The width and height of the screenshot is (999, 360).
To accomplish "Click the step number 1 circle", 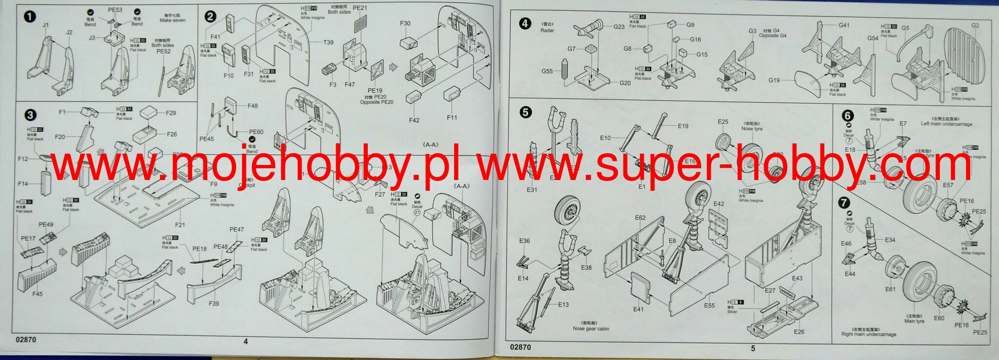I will (x=30, y=17).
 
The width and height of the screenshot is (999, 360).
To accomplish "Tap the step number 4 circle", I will (x=525, y=23).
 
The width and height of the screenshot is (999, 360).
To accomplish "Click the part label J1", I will (x=46, y=25).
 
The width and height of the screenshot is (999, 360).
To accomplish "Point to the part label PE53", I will (x=115, y=10).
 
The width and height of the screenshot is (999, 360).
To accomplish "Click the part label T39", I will (x=328, y=42).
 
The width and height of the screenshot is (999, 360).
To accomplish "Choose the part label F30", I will (x=405, y=23).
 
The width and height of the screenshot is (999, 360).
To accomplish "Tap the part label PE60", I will (x=256, y=132).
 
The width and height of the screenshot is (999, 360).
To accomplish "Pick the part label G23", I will (x=619, y=27).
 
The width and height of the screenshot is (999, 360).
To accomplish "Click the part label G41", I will (x=844, y=25).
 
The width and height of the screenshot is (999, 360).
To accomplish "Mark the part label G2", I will (x=975, y=25).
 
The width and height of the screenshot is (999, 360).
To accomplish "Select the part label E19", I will (x=683, y=126).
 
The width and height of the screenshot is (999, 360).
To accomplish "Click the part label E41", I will (x=639, y=309).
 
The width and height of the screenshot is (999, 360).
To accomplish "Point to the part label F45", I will (x=37, y=294).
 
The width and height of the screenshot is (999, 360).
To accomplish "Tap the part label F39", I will (x=214, y=303).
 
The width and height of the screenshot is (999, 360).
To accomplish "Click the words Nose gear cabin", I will (x=591, y=329).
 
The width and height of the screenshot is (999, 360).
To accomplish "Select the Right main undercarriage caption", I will (x=869, y=334).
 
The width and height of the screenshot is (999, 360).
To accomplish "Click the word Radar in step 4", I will (x=547, y=30).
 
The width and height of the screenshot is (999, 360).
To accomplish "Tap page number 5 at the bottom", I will (x=753, y=348).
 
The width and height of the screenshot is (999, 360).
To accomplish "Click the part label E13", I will (x=563, y=304).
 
